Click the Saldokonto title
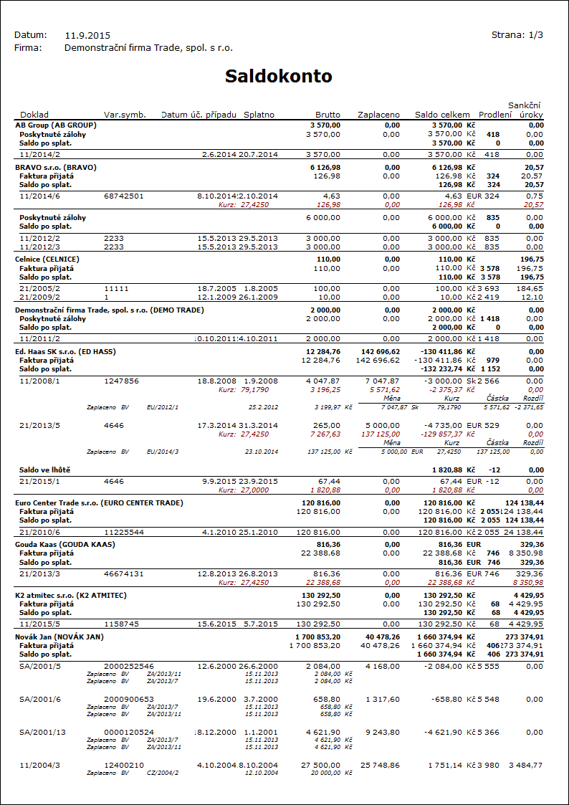pos(278,77)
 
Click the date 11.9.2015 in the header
pos(87,35)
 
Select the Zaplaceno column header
pos(378,115)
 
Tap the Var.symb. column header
pos(125,115)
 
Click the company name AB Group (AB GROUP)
pos(56,125)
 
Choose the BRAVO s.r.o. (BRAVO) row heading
pos(56,167)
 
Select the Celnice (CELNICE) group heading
pos(47,258)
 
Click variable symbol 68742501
pos(124,195)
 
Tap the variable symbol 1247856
pos(122,381)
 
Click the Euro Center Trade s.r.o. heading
pos(99,503)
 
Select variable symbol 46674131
pos(124,573)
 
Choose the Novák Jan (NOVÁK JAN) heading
pos(59,637)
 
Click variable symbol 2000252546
pos(129,666)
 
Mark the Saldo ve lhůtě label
pos(47,470)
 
